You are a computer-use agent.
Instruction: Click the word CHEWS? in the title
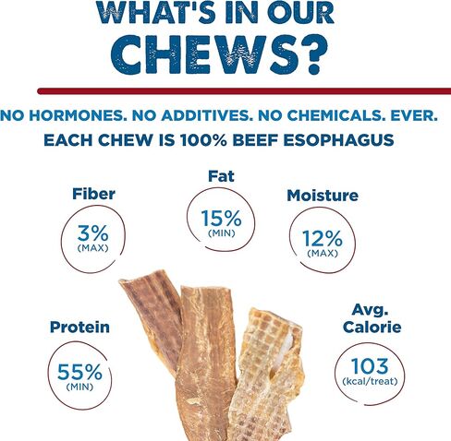[219, 54]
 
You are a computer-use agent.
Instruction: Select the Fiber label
[93, 194]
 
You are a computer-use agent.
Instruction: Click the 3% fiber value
[92, 233]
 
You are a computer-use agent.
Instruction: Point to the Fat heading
[221, 176]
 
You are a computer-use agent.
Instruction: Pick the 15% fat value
[221, 218]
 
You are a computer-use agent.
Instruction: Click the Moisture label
[323, 196]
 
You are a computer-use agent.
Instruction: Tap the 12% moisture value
[323, 239]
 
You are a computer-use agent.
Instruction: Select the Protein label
[79, 327]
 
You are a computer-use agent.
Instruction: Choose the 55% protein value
[79, 372]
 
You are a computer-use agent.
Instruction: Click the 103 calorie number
[370, 366]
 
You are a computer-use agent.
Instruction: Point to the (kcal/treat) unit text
[370, 381]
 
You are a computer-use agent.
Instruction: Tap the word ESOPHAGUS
[338, 140]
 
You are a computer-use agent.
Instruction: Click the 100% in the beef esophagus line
[203, 140]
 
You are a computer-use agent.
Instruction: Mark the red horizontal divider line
[244, 91]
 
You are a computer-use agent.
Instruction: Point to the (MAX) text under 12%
[323, 254]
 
